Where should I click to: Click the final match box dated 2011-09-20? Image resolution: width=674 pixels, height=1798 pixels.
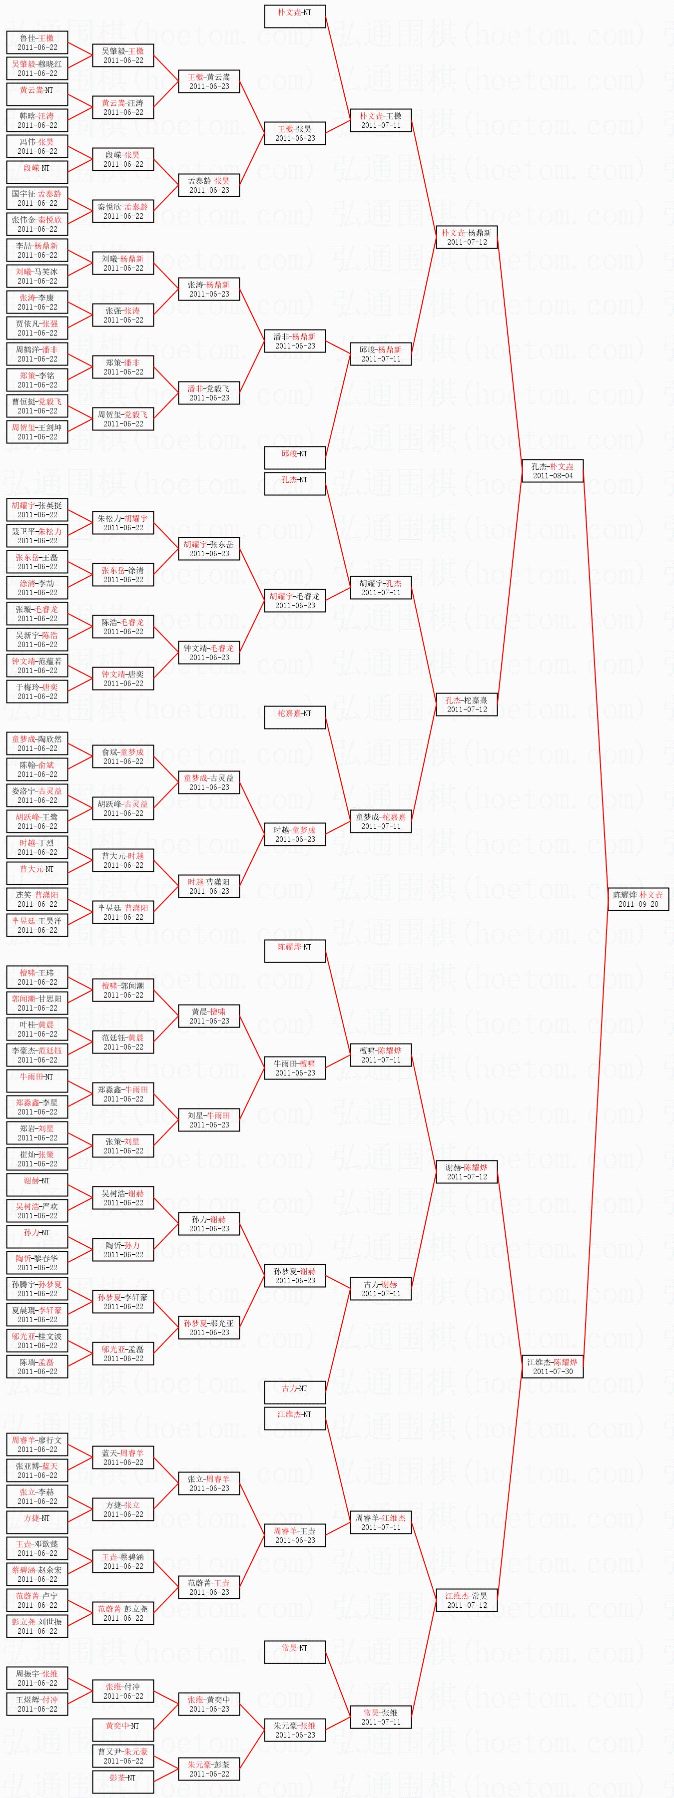tap(638, 899)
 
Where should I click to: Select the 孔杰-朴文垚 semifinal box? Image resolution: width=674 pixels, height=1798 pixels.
tap(552, 470)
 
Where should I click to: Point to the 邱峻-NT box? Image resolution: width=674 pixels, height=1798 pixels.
tap(295, 458)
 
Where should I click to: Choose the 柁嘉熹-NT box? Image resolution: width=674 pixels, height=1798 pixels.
tap(295, 718)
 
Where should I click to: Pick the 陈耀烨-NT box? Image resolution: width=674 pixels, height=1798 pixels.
tap(295, 951)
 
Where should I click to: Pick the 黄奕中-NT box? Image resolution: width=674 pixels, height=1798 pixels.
tap(123, 1730)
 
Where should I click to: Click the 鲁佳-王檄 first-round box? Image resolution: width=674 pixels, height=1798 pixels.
tap(37, 42)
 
